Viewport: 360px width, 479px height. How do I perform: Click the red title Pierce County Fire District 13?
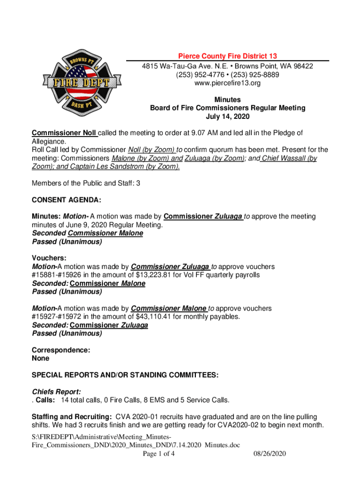click(228, 56)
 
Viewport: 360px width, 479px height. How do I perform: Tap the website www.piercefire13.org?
click(228, 83)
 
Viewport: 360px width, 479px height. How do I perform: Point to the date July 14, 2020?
click(228, 116)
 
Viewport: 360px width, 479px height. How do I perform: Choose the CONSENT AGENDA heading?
click(66, 200)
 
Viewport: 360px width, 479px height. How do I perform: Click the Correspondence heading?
click(61, 350)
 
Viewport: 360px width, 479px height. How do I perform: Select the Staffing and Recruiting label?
click(71, 416)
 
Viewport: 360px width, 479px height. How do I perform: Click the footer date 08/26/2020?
click(270, 454)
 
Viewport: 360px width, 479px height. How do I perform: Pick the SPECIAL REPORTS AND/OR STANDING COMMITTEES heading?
click(124, 375)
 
